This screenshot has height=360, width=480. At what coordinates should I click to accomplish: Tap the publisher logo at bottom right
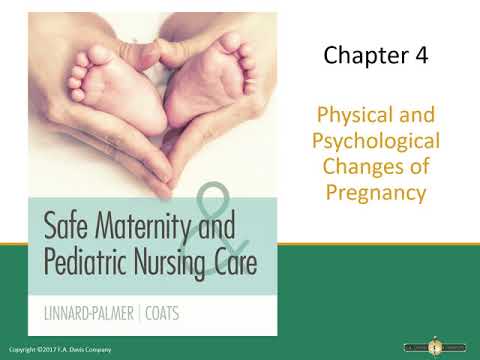434,346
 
